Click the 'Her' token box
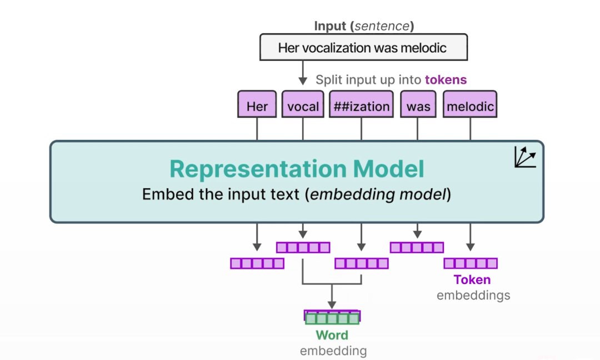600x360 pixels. pos(257,105)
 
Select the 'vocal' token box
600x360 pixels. pos(303,105)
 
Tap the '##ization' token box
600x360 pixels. pos(361,105)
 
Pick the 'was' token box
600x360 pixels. pos(418,105)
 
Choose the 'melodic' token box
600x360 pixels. pos(470,105)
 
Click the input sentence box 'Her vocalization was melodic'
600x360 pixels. pos(363,47)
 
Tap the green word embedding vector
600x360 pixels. pos(332,319)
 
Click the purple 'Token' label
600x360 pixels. pos(472,280)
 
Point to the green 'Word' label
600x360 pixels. pos(332,336)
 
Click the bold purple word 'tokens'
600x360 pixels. pos(446,80)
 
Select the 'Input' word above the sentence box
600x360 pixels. pos(330,26)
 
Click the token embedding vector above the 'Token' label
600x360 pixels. pos(470,263)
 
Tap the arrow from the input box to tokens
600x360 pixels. pos(303,72)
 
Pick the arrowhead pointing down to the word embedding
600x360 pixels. pos(332,304)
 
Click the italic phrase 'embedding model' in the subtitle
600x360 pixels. pos(377,195)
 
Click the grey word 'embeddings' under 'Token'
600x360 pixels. pos(473,296)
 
